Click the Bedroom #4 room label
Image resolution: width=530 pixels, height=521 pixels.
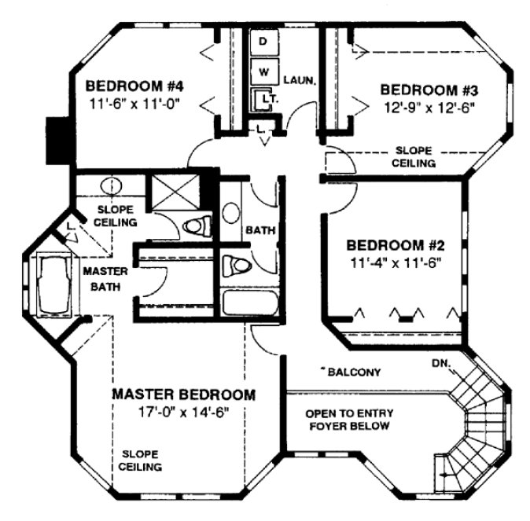pyautogui.click(x=129, y=86)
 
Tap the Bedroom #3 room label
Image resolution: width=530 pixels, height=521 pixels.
pyautogui.click(x=429, y=89)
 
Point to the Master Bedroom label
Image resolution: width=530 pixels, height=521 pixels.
pyautogui.click(x=183, y=394)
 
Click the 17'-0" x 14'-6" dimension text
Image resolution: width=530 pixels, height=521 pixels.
pyautogui.click(x=182, y=410)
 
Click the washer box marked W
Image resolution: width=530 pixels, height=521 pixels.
pyautogui.click(x=263, y=72)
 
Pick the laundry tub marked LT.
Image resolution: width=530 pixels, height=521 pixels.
pyautogui.click(x=264, y=100)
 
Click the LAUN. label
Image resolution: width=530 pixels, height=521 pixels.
pyautogui.click(x=301, y=79)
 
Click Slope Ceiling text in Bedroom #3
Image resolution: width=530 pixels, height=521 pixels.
pyautogui.click(x=414, y=156)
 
